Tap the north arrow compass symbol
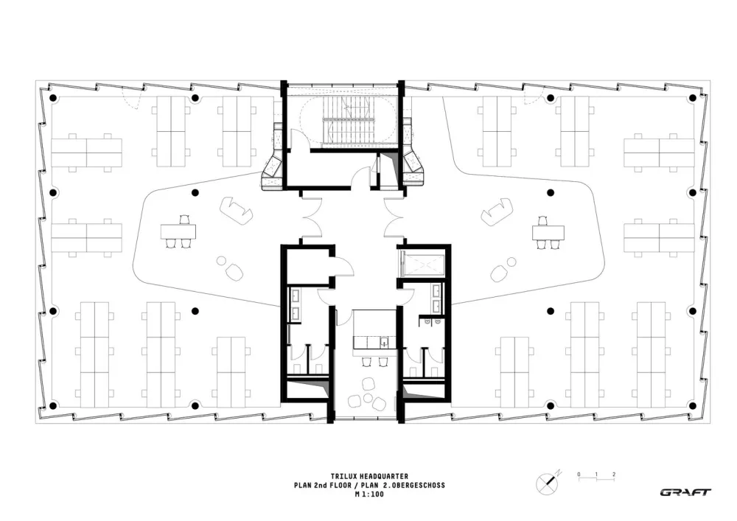point(547,480)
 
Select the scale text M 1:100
point(368,494)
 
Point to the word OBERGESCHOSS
point(418,486)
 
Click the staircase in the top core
point(341,119)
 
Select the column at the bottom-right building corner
point(691,405)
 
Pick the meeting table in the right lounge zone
point(548,232)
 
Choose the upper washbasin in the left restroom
point(297,295)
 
